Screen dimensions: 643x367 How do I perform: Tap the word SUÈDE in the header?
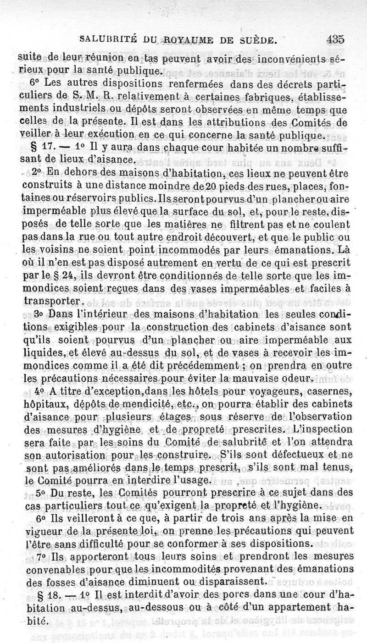coord(257,40)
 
